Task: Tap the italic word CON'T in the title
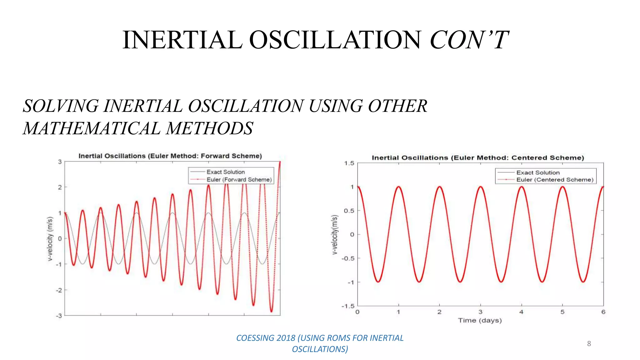click(x=469, y=40)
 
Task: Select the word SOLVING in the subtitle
click(x=61, y=106)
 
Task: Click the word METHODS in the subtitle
click(x=209, y=129)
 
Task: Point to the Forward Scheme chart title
click(x=170, y=156)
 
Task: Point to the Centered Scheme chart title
click(x=477, y=158)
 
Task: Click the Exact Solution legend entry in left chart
click(x=225, y=172)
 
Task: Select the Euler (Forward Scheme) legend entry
click(x=239, y=180)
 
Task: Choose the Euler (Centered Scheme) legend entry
click(x=554, y=180)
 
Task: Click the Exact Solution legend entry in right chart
click(x=537, y=172)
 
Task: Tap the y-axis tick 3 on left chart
click(x=60, y=162)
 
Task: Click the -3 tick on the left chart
click(x=59, y=316)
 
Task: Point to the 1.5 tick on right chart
click(x=349, y=163)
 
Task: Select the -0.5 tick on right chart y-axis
click(x=348, y=258)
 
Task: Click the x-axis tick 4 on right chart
click(x=521, y=312)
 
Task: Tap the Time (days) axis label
click(x=480, y=320)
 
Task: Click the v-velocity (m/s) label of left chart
click(x=50, y=239)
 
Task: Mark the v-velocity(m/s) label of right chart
click(x=335, y=235)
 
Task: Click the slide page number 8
click(x=589, y=344)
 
